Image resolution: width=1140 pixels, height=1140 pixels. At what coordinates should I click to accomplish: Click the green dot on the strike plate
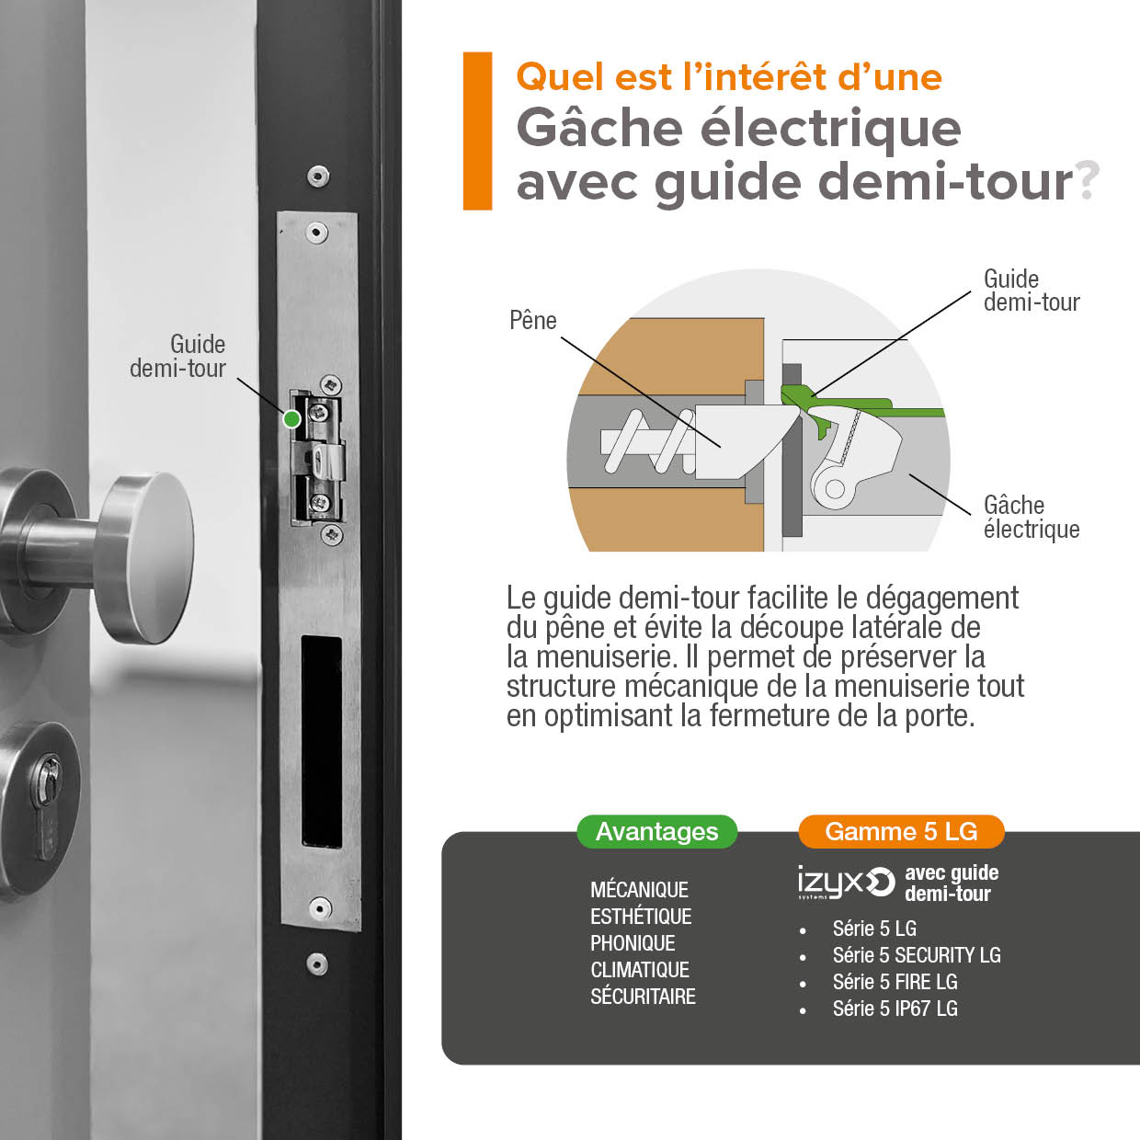tap(291, 419)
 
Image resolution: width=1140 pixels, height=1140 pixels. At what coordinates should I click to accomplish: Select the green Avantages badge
tap(656, 832)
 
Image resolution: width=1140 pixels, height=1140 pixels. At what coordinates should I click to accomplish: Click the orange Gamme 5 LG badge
tap(901, 832)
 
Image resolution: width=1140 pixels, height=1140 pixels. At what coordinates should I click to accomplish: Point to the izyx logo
tap(846, 883)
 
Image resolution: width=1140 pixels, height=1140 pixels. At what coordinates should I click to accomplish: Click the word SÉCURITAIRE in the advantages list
tap(643, 997)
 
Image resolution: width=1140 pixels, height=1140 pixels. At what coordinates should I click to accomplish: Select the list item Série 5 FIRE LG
tap(895, 982)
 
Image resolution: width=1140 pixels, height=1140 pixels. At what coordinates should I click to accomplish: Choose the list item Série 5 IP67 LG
tap(895, 1009)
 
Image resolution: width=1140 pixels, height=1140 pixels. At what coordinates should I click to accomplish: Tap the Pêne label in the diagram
tap(533, 321)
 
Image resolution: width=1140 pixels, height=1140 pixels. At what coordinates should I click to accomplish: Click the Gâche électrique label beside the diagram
tap(1032, 517)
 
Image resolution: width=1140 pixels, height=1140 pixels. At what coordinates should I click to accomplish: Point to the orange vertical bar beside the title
tap(477, 131)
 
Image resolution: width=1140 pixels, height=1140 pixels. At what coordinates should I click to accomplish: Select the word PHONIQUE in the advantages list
tap(633, 943)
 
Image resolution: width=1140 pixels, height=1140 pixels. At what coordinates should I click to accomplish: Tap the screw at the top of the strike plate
tap(318, 233)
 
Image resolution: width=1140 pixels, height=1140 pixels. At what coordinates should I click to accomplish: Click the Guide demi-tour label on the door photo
tap(177, 356)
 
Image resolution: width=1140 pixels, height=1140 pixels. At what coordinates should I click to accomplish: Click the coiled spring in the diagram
tap(648, 440)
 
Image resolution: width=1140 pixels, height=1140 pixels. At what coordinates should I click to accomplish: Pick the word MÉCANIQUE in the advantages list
tap(639, 890)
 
